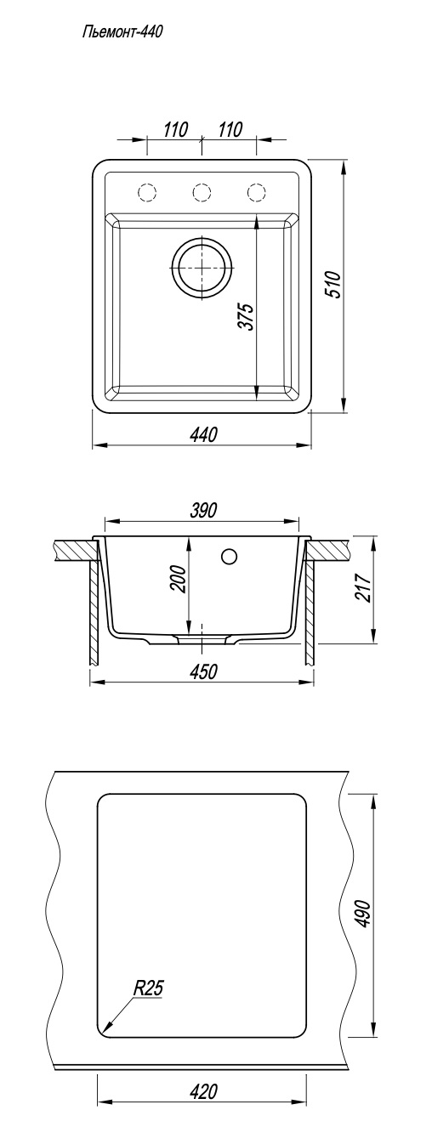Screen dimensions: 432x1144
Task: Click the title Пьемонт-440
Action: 122,32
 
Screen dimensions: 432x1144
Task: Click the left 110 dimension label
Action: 176,130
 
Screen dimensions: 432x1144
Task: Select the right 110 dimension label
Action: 230,130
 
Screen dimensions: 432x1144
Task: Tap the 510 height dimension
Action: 333,285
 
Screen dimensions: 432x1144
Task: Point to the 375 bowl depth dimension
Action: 247,317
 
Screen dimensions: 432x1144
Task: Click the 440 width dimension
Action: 203,434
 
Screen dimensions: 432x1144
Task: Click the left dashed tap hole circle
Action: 147,191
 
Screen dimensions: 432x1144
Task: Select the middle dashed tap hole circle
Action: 202,191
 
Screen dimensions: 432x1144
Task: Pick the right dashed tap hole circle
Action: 256,191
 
